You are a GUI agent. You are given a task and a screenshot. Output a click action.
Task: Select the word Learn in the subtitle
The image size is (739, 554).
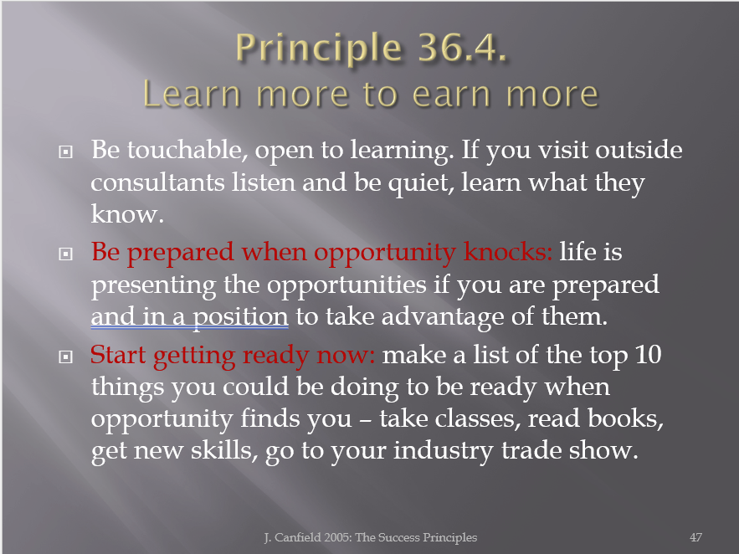(x=192, y=95)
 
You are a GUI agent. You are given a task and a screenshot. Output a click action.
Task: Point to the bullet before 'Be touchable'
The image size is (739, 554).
(x=65, y=151)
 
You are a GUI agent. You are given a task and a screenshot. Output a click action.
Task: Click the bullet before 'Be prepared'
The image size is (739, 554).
(x=65, y=254)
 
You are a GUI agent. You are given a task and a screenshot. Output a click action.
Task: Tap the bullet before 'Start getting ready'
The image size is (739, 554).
(x=65, y=357)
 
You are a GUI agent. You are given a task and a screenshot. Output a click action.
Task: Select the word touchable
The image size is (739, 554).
(x=187, y=150)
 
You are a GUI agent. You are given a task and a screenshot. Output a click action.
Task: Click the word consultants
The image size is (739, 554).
(x=157, y=182)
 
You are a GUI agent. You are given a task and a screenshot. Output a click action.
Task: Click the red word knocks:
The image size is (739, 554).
(x=507, y=252)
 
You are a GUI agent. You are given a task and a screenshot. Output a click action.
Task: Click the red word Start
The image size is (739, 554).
(x=118, y=355)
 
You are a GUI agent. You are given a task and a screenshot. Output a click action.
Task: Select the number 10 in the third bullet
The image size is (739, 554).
(x=648, y=355)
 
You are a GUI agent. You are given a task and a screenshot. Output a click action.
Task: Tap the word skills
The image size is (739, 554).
(x=223, y=450)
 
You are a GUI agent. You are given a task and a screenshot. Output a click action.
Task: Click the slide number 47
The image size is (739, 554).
(x=695, y=537)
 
